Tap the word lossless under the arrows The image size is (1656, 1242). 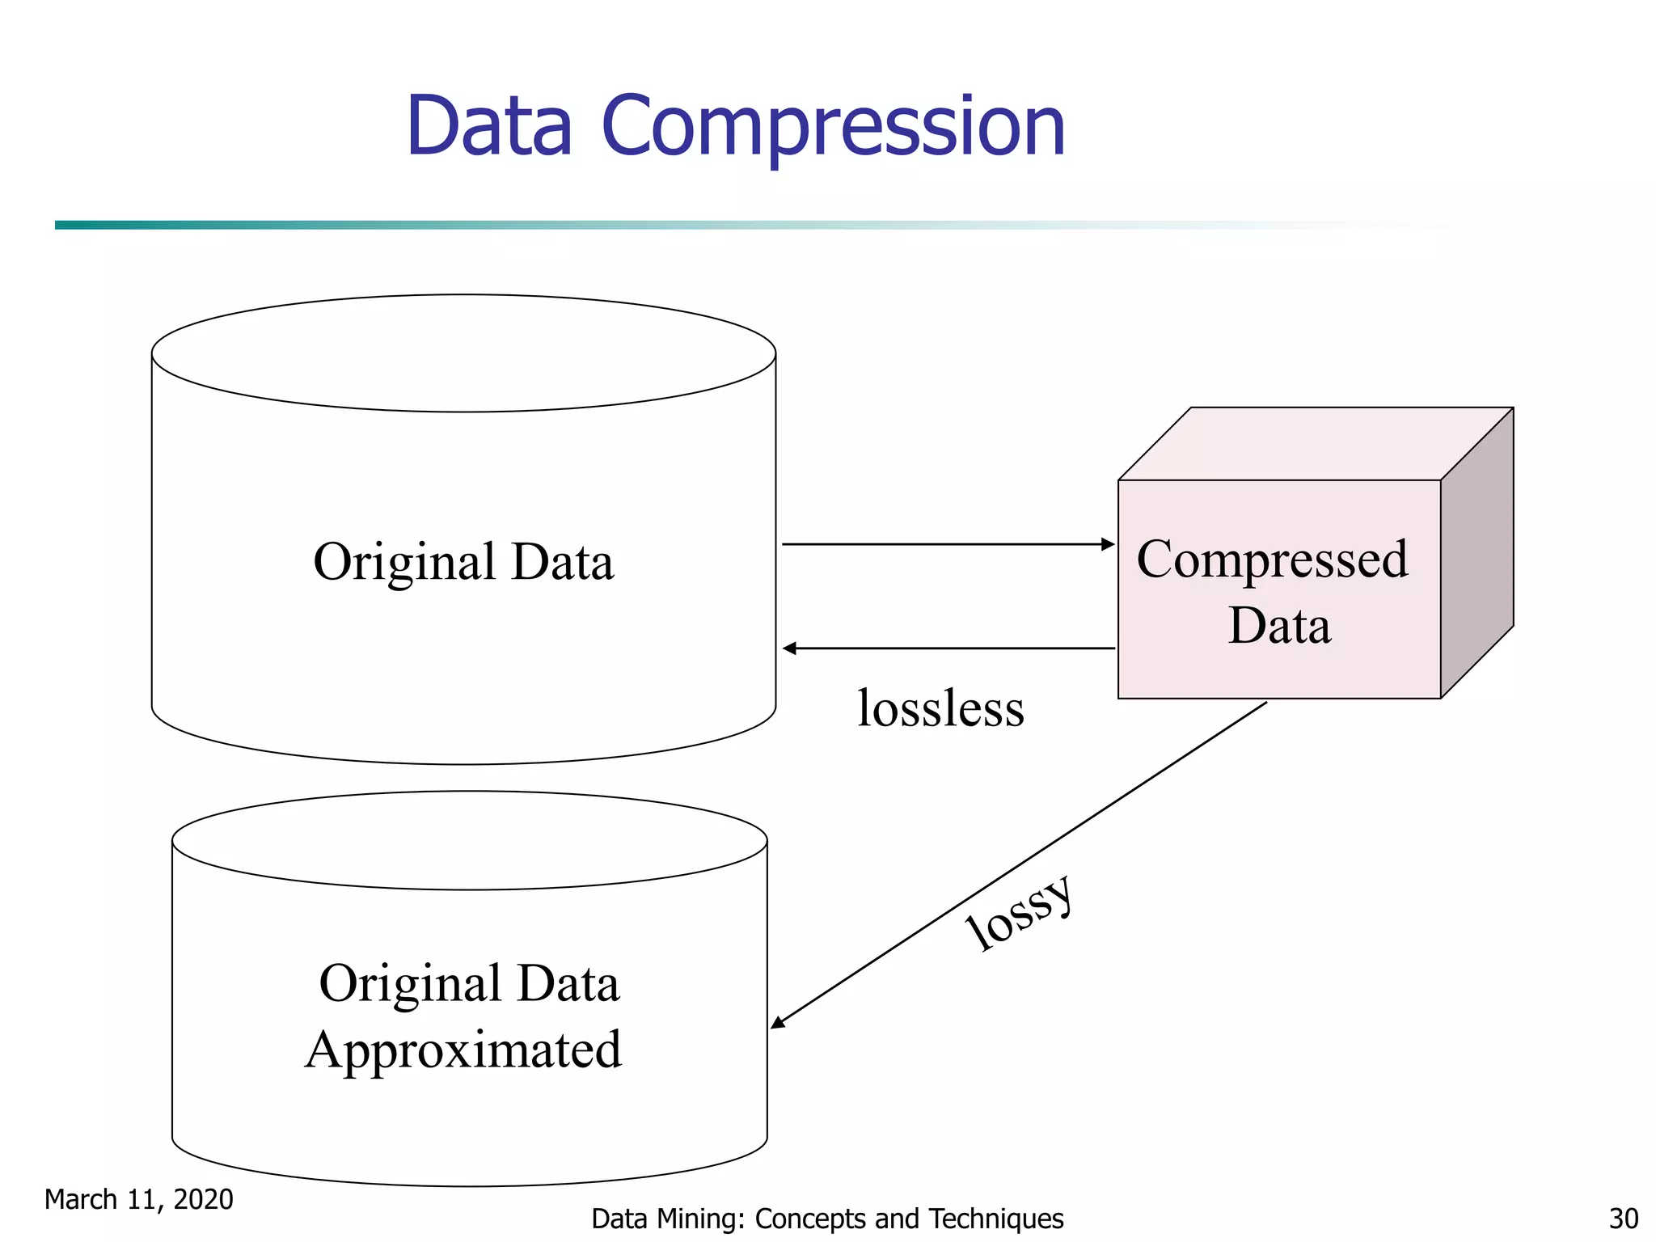(940, 708)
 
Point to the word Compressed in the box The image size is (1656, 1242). (1272, 560)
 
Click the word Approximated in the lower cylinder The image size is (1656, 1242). (463, 1050)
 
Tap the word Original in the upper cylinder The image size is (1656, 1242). (404, 562)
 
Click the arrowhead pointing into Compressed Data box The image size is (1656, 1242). (1109, 544)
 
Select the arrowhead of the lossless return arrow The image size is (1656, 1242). (790, 648)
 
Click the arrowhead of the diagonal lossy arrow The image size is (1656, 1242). (778, 1023)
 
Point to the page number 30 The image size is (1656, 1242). (1623, 1219)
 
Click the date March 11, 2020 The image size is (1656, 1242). (138, 1199)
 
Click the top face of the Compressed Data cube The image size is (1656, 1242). (1316, 444)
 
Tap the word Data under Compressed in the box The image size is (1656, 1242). (1279, 626)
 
